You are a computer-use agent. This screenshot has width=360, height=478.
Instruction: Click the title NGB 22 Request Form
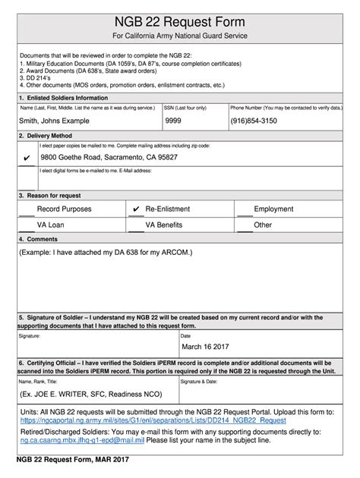pyautogui.click(x=179, y=21)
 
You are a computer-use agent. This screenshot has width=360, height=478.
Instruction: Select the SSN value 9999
pyautogui.click(x=173, y=120)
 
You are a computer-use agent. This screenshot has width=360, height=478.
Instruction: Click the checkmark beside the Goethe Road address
pyautogui.click(x=27, y=158)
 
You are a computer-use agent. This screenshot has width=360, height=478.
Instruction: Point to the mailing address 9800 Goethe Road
pyautogui.click(x=109, y=157)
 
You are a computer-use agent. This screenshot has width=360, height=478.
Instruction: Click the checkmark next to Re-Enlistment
pyautogui.click(x=136, y=209)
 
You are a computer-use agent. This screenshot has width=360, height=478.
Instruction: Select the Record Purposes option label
pyautogui.click(x=65, y=209)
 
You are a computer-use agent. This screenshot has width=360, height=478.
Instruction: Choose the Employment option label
pyautogui.click(x=273, y=209)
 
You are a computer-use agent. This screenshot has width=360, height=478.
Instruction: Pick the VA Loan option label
pyautogui.click(x=51, y=225)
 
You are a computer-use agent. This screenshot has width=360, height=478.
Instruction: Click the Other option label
pyautogui.click(x=263, y=225)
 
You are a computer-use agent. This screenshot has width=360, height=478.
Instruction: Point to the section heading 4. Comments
pyautogui.click(x=43, y=238)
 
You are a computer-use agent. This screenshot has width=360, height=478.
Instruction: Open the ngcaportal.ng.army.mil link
pyautogui.click(x=153, y=420)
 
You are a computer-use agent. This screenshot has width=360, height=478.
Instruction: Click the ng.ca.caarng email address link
pyautogui.click(x=82, y=439)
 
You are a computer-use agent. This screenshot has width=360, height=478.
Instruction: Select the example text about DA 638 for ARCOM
pyautogui.click(x=106, y=251)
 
